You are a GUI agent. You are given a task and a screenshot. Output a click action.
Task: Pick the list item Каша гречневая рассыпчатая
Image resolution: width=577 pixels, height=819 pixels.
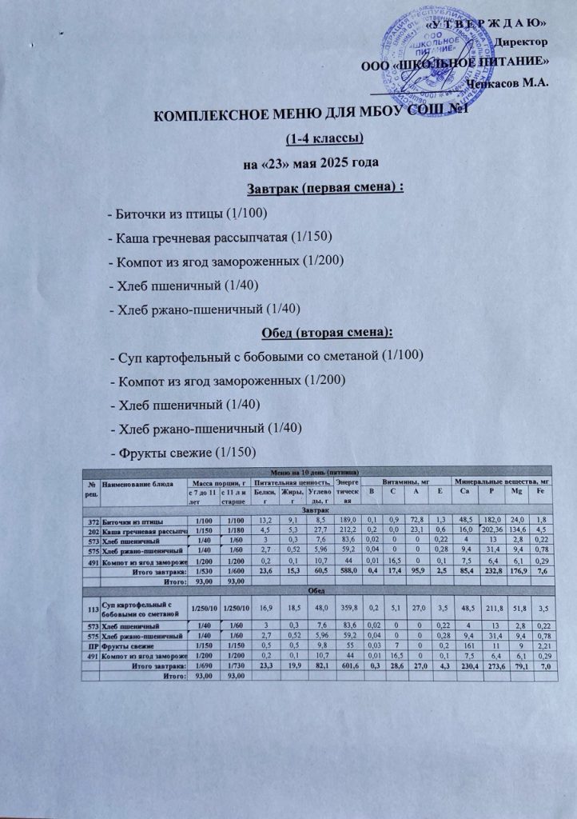(219, 238)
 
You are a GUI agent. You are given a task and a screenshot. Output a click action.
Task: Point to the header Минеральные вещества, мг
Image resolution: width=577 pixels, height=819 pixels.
(499, 483)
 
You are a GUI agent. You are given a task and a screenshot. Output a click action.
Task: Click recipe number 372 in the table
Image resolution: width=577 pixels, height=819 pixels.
(94, 519)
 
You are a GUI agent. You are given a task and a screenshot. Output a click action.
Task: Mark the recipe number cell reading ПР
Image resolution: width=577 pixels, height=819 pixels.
(94, 641)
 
